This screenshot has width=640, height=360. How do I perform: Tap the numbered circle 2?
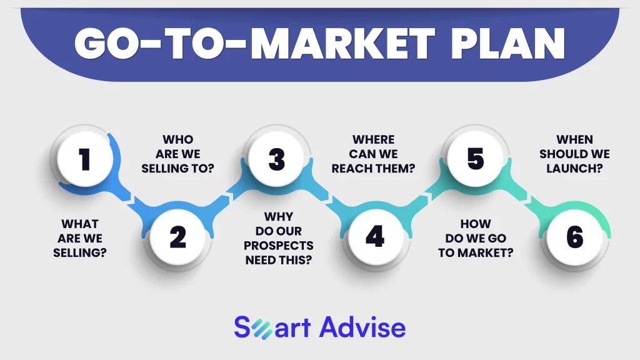coord(177,237)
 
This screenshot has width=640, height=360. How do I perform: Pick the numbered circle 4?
coord(376,237)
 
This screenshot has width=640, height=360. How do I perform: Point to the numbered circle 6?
coord(575,237)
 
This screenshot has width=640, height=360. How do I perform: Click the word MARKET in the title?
coord(342,44)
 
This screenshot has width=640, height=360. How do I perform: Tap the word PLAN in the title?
coord(508,44)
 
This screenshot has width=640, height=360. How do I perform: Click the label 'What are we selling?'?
coord(80,238)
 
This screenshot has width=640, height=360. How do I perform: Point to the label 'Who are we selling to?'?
coord(178,154)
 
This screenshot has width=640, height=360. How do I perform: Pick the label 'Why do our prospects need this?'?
coord(279,238)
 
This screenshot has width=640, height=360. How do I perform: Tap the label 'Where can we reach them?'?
coord(374,154)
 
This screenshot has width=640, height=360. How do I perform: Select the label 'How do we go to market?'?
coord(476,238)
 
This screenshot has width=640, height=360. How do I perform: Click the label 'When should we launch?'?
coord(575,154)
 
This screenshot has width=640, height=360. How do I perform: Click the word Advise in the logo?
coord(362,327)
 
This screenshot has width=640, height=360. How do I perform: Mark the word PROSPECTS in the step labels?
coord(279,246)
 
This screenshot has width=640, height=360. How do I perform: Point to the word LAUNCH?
coord(575,169)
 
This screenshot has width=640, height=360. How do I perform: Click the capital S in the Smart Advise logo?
coord(242,327)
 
